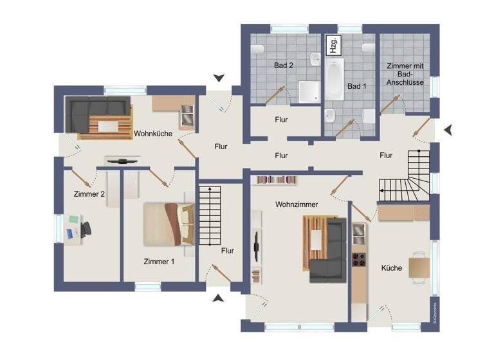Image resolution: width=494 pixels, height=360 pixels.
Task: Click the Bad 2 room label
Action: [283, 66]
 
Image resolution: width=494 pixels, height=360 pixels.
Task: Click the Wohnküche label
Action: [151, 134]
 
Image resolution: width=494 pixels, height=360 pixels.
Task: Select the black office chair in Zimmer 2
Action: [85, 228]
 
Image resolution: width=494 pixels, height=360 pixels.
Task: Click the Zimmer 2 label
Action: [89, 194]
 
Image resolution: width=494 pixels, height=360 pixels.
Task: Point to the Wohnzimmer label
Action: [297, 204]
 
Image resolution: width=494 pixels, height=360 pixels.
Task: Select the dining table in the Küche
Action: [418, 267]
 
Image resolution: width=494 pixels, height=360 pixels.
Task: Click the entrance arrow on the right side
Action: [448, 130]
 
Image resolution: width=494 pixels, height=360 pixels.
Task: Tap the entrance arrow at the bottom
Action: [219, 298]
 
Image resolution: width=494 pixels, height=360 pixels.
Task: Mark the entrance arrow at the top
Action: [219, 78]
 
